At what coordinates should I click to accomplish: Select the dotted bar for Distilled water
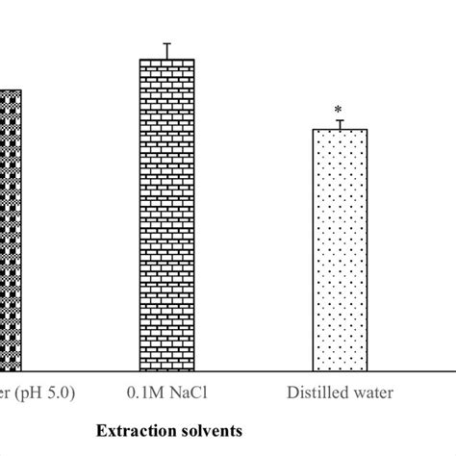[340, 250]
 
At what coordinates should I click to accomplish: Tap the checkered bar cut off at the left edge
[10, 231]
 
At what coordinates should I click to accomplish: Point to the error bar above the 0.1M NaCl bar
[166, 51]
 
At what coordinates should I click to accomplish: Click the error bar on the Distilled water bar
[340, 123]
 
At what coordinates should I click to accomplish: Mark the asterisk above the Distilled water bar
[340, 110]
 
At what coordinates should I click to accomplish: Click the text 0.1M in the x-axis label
[143, 393]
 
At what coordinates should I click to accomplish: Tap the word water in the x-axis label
[369, 393]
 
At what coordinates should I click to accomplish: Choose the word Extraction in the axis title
[137, 423]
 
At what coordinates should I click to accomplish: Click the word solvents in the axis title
[208, 423]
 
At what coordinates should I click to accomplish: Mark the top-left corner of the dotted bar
[313, 129]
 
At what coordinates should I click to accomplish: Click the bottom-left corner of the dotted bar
[313, 371]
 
